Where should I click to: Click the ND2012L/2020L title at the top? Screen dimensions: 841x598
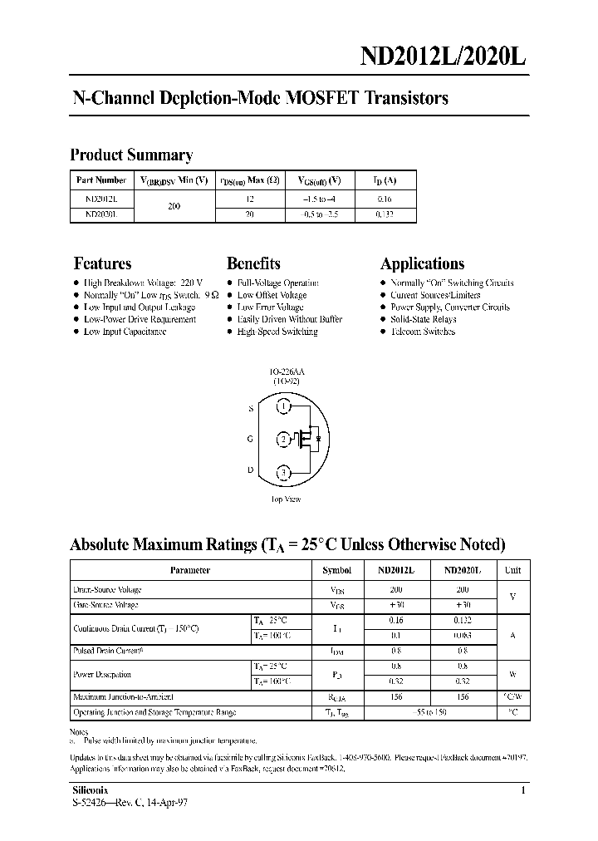[x=442, y=55]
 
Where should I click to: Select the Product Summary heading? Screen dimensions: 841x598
[x=131, y=155]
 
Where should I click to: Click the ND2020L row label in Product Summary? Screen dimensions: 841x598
[x=101, y=214]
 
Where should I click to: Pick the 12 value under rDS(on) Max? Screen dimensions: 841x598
[x=250, y=199]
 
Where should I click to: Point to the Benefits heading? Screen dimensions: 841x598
[x=253, y=263]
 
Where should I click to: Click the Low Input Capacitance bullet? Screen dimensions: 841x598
[x=125, y=332]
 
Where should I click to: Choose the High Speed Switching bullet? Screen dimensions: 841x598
[x=277, y=332]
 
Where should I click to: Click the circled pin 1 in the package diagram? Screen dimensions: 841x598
[x=284, y=407]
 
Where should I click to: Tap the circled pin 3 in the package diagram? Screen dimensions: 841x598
[x=284, y=473]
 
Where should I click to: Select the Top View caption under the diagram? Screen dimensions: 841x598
[x=286, y=499]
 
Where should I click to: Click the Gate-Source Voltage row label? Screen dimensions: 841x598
[x=106, y=605]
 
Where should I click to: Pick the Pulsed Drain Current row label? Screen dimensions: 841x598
[x=108, y=652]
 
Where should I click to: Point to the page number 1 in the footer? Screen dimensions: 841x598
[x=522, y=791]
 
